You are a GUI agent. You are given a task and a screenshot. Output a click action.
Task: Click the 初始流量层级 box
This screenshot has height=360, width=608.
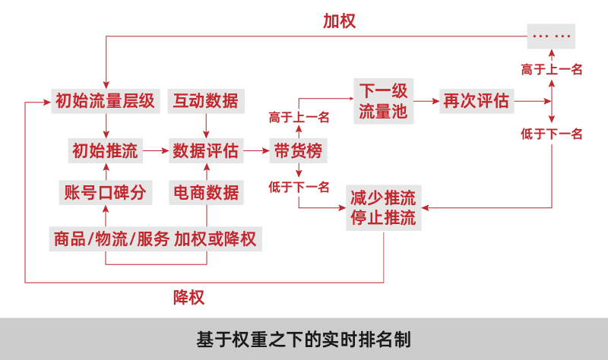[x=104, y=100]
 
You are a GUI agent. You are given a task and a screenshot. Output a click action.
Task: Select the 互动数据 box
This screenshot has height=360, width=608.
[x=205, y=100]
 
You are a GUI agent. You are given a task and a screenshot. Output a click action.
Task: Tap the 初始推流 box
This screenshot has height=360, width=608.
[x=104, y=151]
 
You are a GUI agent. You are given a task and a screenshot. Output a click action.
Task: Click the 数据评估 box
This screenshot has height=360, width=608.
[x=205, y=151]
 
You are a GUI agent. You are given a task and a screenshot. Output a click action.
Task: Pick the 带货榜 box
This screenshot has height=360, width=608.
[x=297, y=151]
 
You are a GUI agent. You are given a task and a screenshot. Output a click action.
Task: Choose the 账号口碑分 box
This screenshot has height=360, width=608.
[x=104, y=192]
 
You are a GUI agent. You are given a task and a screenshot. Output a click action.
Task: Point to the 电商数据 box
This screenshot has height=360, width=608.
[x=205, y=192]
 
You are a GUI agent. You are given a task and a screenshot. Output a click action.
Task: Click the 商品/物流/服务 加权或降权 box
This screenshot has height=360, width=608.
[x=155, y=239]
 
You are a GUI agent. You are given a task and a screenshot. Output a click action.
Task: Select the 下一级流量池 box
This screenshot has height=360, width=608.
[x=383, y=102]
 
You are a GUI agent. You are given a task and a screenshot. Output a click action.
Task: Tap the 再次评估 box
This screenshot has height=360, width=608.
[x=477, y=100]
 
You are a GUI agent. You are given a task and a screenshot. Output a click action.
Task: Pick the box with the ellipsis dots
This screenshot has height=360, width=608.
[x=551, y=35]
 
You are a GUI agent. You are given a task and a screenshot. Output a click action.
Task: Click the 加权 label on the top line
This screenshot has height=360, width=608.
[x=339, y=21]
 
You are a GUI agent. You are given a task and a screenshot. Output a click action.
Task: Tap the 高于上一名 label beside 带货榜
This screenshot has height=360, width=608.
[x=299, y=117]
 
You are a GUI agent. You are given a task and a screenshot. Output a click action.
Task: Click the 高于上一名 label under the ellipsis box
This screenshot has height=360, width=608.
[x=551, y=69]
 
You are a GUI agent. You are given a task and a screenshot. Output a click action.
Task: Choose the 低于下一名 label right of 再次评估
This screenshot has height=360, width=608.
[x=551, y=134]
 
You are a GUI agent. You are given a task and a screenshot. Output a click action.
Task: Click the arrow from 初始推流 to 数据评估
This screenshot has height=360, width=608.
[x=155, y=151]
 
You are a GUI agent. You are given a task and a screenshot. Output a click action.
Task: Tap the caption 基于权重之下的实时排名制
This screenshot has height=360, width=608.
[x=304, y=338]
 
